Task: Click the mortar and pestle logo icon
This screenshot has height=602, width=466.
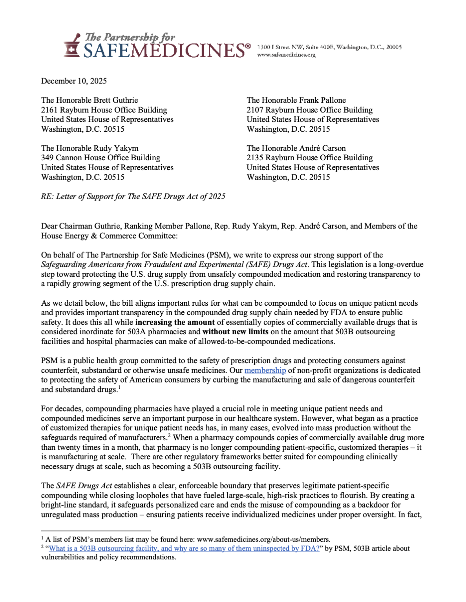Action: point(72,46)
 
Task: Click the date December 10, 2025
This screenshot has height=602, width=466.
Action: point(74,81)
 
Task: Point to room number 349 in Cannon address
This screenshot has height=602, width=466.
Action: point(47,158)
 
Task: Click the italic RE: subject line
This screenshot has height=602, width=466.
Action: point(133,196)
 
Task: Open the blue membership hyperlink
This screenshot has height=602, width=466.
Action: point(265,370)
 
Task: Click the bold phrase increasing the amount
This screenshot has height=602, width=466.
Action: point(175,322)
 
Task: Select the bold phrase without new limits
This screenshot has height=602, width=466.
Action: point(235,332)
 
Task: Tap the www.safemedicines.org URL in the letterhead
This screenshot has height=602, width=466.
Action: point(286,55)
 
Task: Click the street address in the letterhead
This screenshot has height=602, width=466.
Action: point(329,47)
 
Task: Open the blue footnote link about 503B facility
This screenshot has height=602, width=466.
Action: point(184,549)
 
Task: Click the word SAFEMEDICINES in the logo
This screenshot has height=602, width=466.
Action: point(166,51)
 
